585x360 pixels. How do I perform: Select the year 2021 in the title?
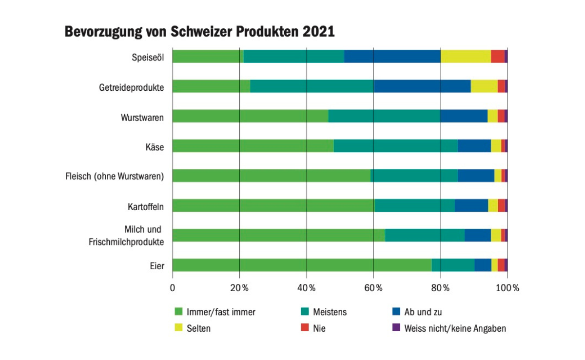click(x=319, y=32)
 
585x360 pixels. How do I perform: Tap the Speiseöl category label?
click(x=148, y=57)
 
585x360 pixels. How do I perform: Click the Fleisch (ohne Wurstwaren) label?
click(x=115, y=176)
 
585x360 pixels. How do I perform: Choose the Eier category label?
click(x=157, y=266)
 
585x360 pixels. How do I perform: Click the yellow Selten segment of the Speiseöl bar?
click(x=466, y=57)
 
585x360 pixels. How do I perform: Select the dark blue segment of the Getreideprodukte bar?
click(x=422, y=86)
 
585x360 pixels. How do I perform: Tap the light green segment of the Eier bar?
click(x=302, y=265)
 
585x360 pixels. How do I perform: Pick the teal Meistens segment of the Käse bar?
click(x=396, y=146)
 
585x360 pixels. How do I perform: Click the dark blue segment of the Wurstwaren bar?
click(x=464, y=116)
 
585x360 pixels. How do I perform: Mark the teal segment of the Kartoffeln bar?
click(x=414, y=206)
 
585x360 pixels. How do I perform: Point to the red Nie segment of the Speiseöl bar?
click(x=497, y=57)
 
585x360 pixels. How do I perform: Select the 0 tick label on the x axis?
click(x=173, y=288)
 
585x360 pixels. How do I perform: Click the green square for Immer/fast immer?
click(x=178, y=311)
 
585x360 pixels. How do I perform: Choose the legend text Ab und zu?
click(x=423, y=312)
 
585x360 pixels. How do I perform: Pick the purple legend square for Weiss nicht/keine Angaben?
click(x=396, y=327)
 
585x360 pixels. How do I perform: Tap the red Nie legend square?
click(x=305, y=327)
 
